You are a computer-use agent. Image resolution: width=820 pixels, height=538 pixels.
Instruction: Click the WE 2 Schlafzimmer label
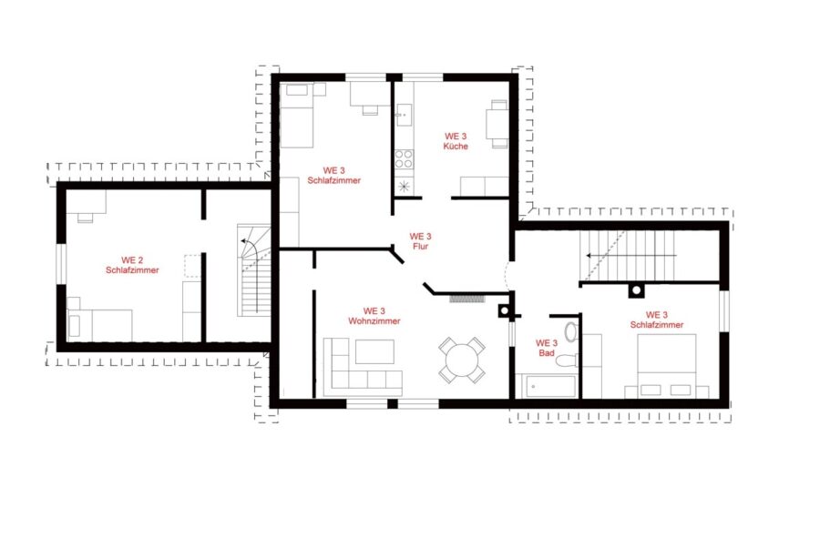pos(132,265)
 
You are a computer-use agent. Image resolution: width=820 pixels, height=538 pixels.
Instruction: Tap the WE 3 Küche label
pos(456,141)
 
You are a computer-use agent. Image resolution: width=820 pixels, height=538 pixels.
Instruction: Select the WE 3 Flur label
pos(420,241)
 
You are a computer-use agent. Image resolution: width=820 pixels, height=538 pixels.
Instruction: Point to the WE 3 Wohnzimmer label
pos(374,316)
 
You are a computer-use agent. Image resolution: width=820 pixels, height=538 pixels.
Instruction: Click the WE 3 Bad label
pos(547,348)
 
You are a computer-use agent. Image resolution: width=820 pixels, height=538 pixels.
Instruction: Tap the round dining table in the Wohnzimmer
pos(462,360)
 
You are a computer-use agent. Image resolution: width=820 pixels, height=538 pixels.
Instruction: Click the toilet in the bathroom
pos(568,360)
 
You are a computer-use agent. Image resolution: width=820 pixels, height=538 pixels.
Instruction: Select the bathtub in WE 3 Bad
pos(546,386)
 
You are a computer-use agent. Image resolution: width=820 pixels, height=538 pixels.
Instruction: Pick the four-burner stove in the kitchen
pos(404,158)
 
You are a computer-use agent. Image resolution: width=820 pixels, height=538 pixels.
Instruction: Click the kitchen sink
pos(404,115)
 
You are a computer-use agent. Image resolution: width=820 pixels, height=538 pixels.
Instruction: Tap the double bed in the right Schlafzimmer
pos(667,366)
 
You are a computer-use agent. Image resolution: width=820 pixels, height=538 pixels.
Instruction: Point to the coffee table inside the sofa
pos(375,351)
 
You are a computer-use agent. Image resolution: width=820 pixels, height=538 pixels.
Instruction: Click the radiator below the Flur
pos(468,299)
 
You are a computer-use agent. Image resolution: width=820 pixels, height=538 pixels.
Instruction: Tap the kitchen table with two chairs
pos(497,125)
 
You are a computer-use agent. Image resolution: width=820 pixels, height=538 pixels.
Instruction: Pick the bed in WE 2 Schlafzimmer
pos(99,324)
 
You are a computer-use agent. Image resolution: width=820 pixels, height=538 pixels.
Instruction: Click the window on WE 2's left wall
pos(61,264)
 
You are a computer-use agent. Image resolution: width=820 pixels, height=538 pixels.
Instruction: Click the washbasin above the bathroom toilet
pos(570,331)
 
